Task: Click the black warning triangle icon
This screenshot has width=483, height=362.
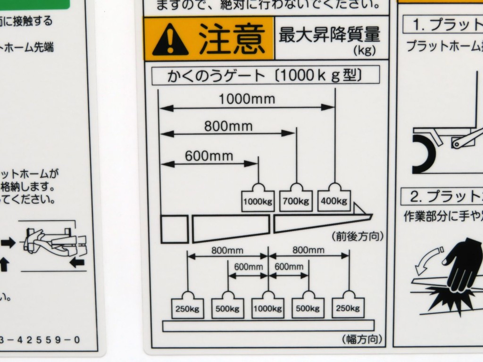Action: tap(170, 40)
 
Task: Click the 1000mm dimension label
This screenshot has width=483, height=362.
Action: tap(246, 99)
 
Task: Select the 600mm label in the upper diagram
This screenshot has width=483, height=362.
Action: tap(209, 156)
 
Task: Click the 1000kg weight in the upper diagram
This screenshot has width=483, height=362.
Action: tap(258, 202)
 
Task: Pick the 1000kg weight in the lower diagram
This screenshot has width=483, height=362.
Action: tap(267, 309)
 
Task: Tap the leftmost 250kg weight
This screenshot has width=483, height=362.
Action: tap(188, 309)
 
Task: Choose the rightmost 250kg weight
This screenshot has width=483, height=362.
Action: tap(349, 308)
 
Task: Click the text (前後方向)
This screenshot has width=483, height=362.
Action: tap(358, 236)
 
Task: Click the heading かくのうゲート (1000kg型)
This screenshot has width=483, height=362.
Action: tap(264, 75)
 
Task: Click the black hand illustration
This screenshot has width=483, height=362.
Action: tap(462, 264)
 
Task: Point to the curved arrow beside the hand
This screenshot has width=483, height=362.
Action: tap(428, 259)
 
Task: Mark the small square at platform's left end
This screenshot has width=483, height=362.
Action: tap(175, 229)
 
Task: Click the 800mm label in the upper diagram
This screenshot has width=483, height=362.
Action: tap(228, 126)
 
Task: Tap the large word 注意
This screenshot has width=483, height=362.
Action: tap(231, 39)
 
